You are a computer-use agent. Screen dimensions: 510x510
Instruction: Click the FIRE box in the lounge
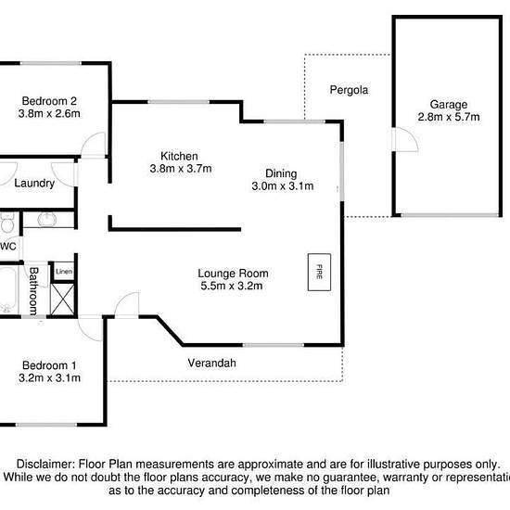coord(319,272)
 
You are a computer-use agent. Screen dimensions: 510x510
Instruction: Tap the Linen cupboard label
coord(64,272)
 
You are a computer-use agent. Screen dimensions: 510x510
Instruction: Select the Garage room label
coord(449,105)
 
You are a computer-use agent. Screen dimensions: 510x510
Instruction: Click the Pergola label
coord(349,90)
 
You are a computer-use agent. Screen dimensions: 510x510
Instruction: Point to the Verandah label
coord(211,363)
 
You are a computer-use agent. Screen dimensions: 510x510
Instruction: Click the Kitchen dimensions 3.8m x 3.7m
coord(181,169)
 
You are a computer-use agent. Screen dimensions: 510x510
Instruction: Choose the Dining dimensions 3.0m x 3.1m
coord(283,186)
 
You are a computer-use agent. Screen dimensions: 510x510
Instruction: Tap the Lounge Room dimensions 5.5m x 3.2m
coord(232,286)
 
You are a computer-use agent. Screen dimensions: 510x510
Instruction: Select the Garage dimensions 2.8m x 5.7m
coord(449,117)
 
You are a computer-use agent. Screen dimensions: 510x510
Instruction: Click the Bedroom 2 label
coord(49,101)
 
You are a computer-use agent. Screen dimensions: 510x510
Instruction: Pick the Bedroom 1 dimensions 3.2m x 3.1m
coord(49,378)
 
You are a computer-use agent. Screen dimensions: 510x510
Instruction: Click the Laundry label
coord(34,184)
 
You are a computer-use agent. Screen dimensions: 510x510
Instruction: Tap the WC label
coord(7,247)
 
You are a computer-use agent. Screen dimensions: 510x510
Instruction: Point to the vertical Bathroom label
coord(33,291)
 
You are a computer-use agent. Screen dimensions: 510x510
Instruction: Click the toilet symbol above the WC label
coord(6,223)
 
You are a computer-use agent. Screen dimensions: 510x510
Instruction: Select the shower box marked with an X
coord(62,300)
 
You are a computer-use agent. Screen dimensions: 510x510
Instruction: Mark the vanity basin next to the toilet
coord(47,219)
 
